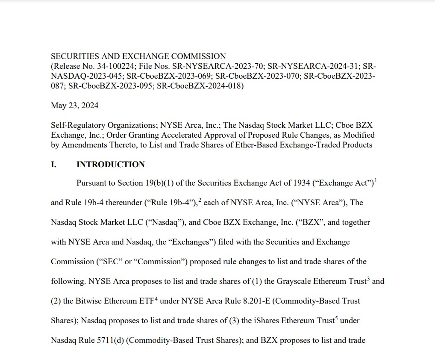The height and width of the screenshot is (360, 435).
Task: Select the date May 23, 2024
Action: tap(74, 106)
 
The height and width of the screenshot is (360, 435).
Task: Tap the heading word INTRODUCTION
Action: tap(111, 165)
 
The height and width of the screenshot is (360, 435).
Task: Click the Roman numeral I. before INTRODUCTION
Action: tap(53, 165)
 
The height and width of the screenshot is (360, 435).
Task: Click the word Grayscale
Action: tap(294, 281)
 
